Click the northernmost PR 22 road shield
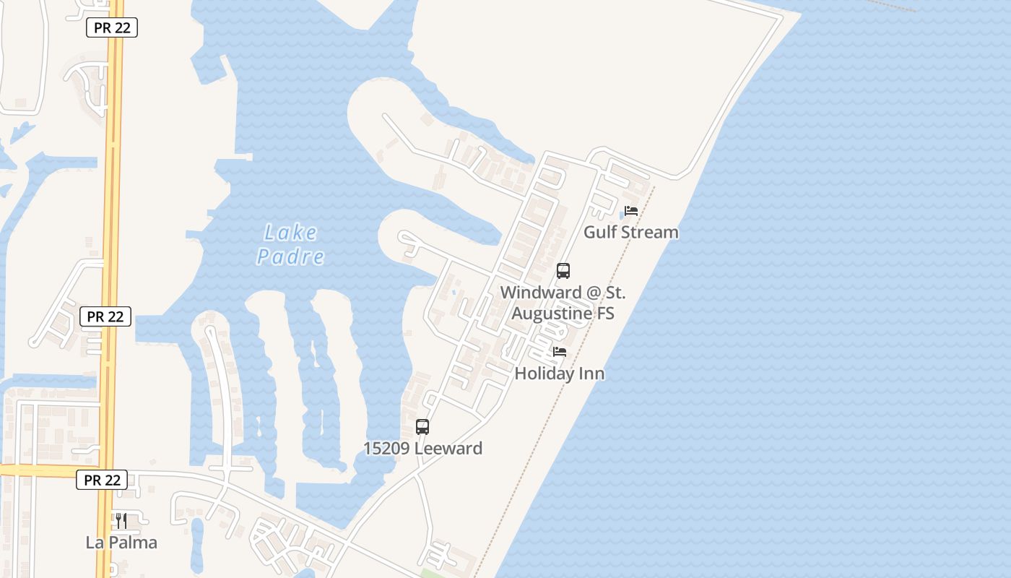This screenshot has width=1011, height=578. pos(111,27)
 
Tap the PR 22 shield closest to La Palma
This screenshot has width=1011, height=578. pos(102,480)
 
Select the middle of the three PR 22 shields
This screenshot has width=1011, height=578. pos(105,316)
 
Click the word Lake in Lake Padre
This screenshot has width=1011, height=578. pos(290,233)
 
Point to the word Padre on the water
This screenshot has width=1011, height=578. pos(290,256)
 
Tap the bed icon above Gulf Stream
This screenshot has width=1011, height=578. pos(631,212)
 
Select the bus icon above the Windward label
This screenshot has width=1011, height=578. pos(563,271)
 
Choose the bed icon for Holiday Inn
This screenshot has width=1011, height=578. pos(560,353)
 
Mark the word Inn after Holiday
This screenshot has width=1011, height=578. pos(590,374)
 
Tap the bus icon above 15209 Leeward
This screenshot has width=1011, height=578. pos(422,427)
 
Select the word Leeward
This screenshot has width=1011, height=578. pos(448,448)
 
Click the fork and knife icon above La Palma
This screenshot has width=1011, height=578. pos(121,520)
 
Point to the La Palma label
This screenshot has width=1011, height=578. pos(121,543)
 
